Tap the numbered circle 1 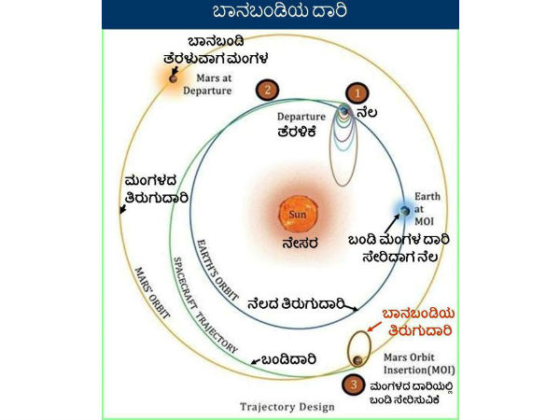(x=356, y=92)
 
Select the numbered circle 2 (x=268, y=90)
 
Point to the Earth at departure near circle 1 (x=344, y=112)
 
